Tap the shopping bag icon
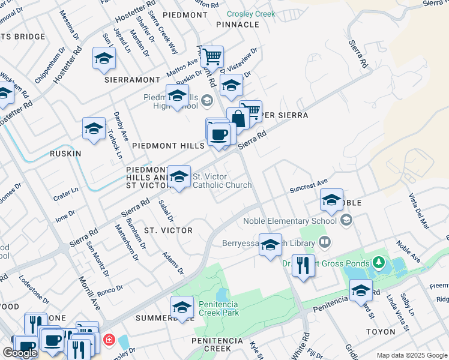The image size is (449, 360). pos(238,119)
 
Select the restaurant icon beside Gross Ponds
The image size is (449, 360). pos(303,265)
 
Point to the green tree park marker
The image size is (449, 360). pos(378,262)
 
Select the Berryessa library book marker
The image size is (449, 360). pos(325,243)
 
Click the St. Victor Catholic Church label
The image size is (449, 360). pos(221,181)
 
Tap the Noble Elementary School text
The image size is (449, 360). pos(291,221)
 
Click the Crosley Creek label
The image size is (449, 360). pos(251,14)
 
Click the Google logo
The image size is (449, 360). pos(19,353)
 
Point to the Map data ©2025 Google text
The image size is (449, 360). pos(412,355)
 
